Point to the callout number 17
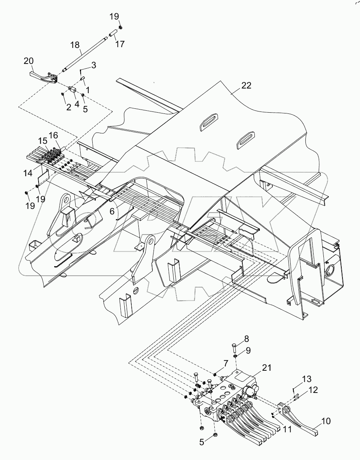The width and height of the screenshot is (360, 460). (120, 44)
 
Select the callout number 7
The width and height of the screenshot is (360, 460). (226, 364)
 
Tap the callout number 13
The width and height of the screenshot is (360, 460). (307, 379)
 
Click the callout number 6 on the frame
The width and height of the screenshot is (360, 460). (112, 211)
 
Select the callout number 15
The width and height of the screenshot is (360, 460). (42, 140)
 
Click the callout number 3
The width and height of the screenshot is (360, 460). (94, 65)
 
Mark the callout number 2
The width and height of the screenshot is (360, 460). (69, 107)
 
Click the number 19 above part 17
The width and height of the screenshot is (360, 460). (114, 17)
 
